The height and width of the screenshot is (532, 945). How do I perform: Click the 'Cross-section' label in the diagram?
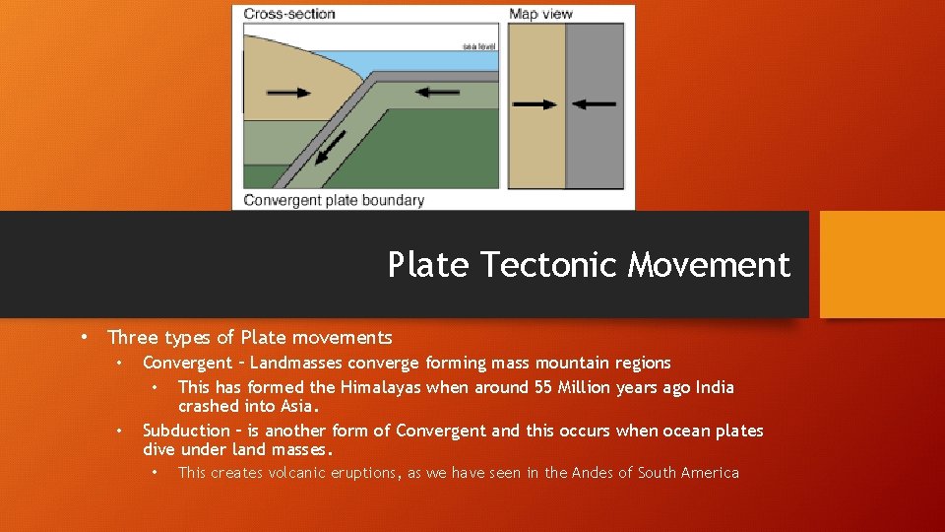pyautogui.click(x=289, y=14)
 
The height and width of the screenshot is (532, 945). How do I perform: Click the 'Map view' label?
pyautogui.click(x=540, y=14)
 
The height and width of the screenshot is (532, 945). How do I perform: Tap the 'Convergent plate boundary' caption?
pyautogui.click(x=334, y=200)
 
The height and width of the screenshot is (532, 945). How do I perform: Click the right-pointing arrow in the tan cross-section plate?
pyautogui.click(x=288, y=93)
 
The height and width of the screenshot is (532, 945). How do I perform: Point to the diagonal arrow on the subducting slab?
pyautogui.click(x=332, y=148)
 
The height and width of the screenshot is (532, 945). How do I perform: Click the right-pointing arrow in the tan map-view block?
pyautogui.click(x=535, y=103)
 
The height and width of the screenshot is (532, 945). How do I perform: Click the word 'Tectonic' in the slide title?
pyautogui.click(x=551, y=265)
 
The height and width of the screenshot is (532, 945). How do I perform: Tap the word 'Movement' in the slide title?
pyautogui.click(x=709, y=265)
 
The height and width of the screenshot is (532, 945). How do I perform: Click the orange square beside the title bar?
pyautogui.click(x=882, y=264)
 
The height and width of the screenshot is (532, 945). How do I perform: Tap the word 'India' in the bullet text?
pyautogui.click(x=715, y=387)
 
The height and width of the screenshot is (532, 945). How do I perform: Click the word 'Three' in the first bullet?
pyautogui.click(x=130, y=338)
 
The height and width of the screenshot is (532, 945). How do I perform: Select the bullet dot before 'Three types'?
pyautogui.click(x=86, y=336)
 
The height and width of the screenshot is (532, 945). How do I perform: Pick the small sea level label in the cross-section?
pyautogui.click(x=479, y=46)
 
